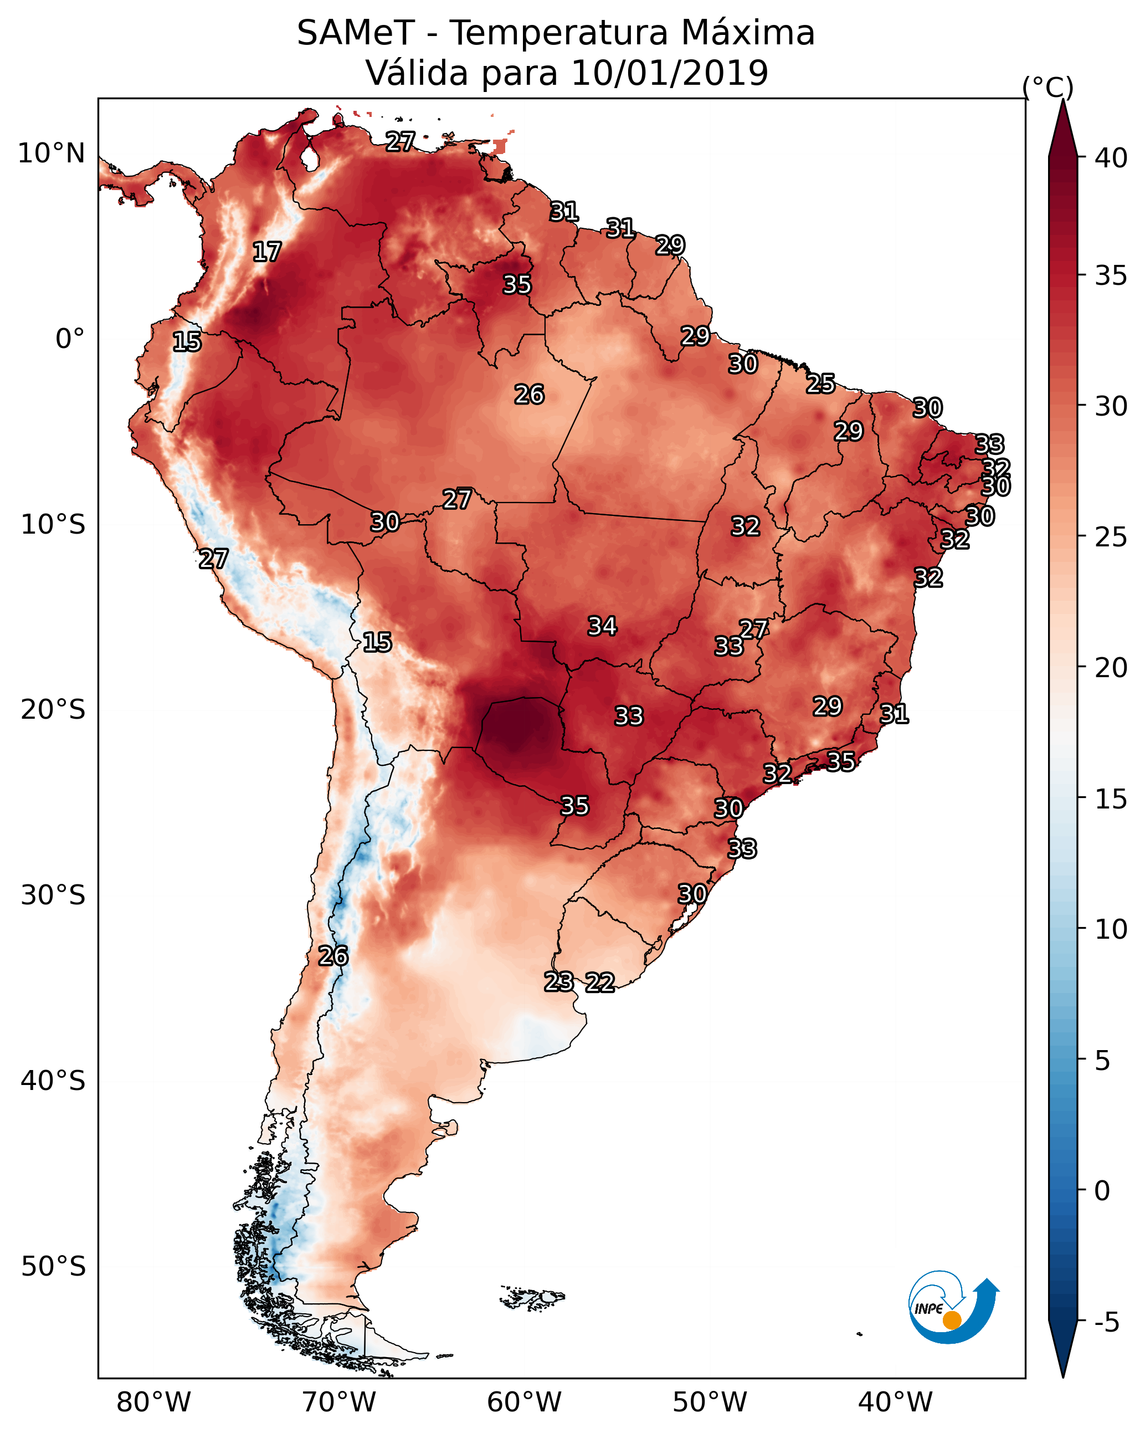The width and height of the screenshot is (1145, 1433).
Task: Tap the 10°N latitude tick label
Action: tap(51, 153)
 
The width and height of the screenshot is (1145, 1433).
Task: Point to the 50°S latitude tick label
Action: tap(53, 1267)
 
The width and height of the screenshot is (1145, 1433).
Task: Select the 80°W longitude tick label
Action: tap(153, 1403)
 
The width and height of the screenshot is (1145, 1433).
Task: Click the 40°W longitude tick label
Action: tap(895, 1403)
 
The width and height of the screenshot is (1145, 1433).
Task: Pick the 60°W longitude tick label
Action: tap(525, 1403)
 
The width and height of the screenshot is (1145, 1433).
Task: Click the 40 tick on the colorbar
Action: tap(1111, 158)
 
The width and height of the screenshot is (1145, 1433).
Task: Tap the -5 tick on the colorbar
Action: tap(1106, 1322)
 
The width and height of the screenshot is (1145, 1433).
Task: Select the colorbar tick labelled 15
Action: tap(1111, 799)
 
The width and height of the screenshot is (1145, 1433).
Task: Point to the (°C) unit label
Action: tap(1048, 87)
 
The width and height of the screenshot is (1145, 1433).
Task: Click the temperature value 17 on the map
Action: tap(267, 252)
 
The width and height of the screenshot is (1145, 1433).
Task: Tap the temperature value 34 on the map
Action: tap(602, 626)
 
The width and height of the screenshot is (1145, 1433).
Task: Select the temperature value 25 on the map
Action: tap(821, 383)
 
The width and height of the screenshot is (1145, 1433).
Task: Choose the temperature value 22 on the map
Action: tap(600, 982)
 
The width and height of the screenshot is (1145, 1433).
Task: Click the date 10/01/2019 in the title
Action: tap(669, 73)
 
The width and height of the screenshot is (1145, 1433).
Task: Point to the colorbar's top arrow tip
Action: tap(1062, 100)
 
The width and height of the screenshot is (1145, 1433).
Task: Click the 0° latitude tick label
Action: tap(70, 339)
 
